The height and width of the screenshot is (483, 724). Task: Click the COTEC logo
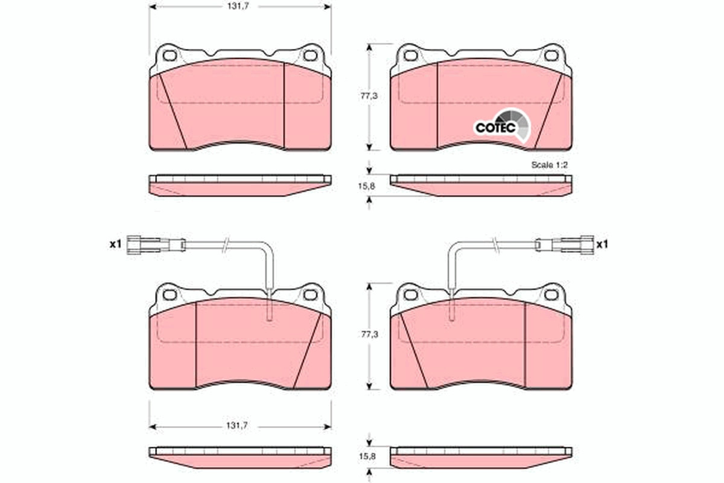pyautogui.click(x=502, y=126)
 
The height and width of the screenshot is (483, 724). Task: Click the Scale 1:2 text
pyautogui.click(x=550, y=165)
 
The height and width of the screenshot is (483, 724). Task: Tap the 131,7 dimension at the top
pyautogui.click(x=238, y=7)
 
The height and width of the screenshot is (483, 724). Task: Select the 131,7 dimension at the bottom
pyautogui.click(x=237, y=426)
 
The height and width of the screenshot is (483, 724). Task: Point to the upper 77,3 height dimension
pyautogui.click(x=369, y=96)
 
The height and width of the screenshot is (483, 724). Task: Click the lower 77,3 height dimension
pyautogui.click(x=369, y=334)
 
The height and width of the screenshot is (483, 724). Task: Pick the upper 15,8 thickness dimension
pyautogui.click(x=367, y=187)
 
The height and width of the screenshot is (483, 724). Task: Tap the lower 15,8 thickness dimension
pyautogui.click(x=367, y=457)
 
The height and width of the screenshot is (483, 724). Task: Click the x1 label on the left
pyautogui.click(x=115, y=245)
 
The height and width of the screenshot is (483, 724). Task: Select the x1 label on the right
pyautogui.click(x=602, y=245)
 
